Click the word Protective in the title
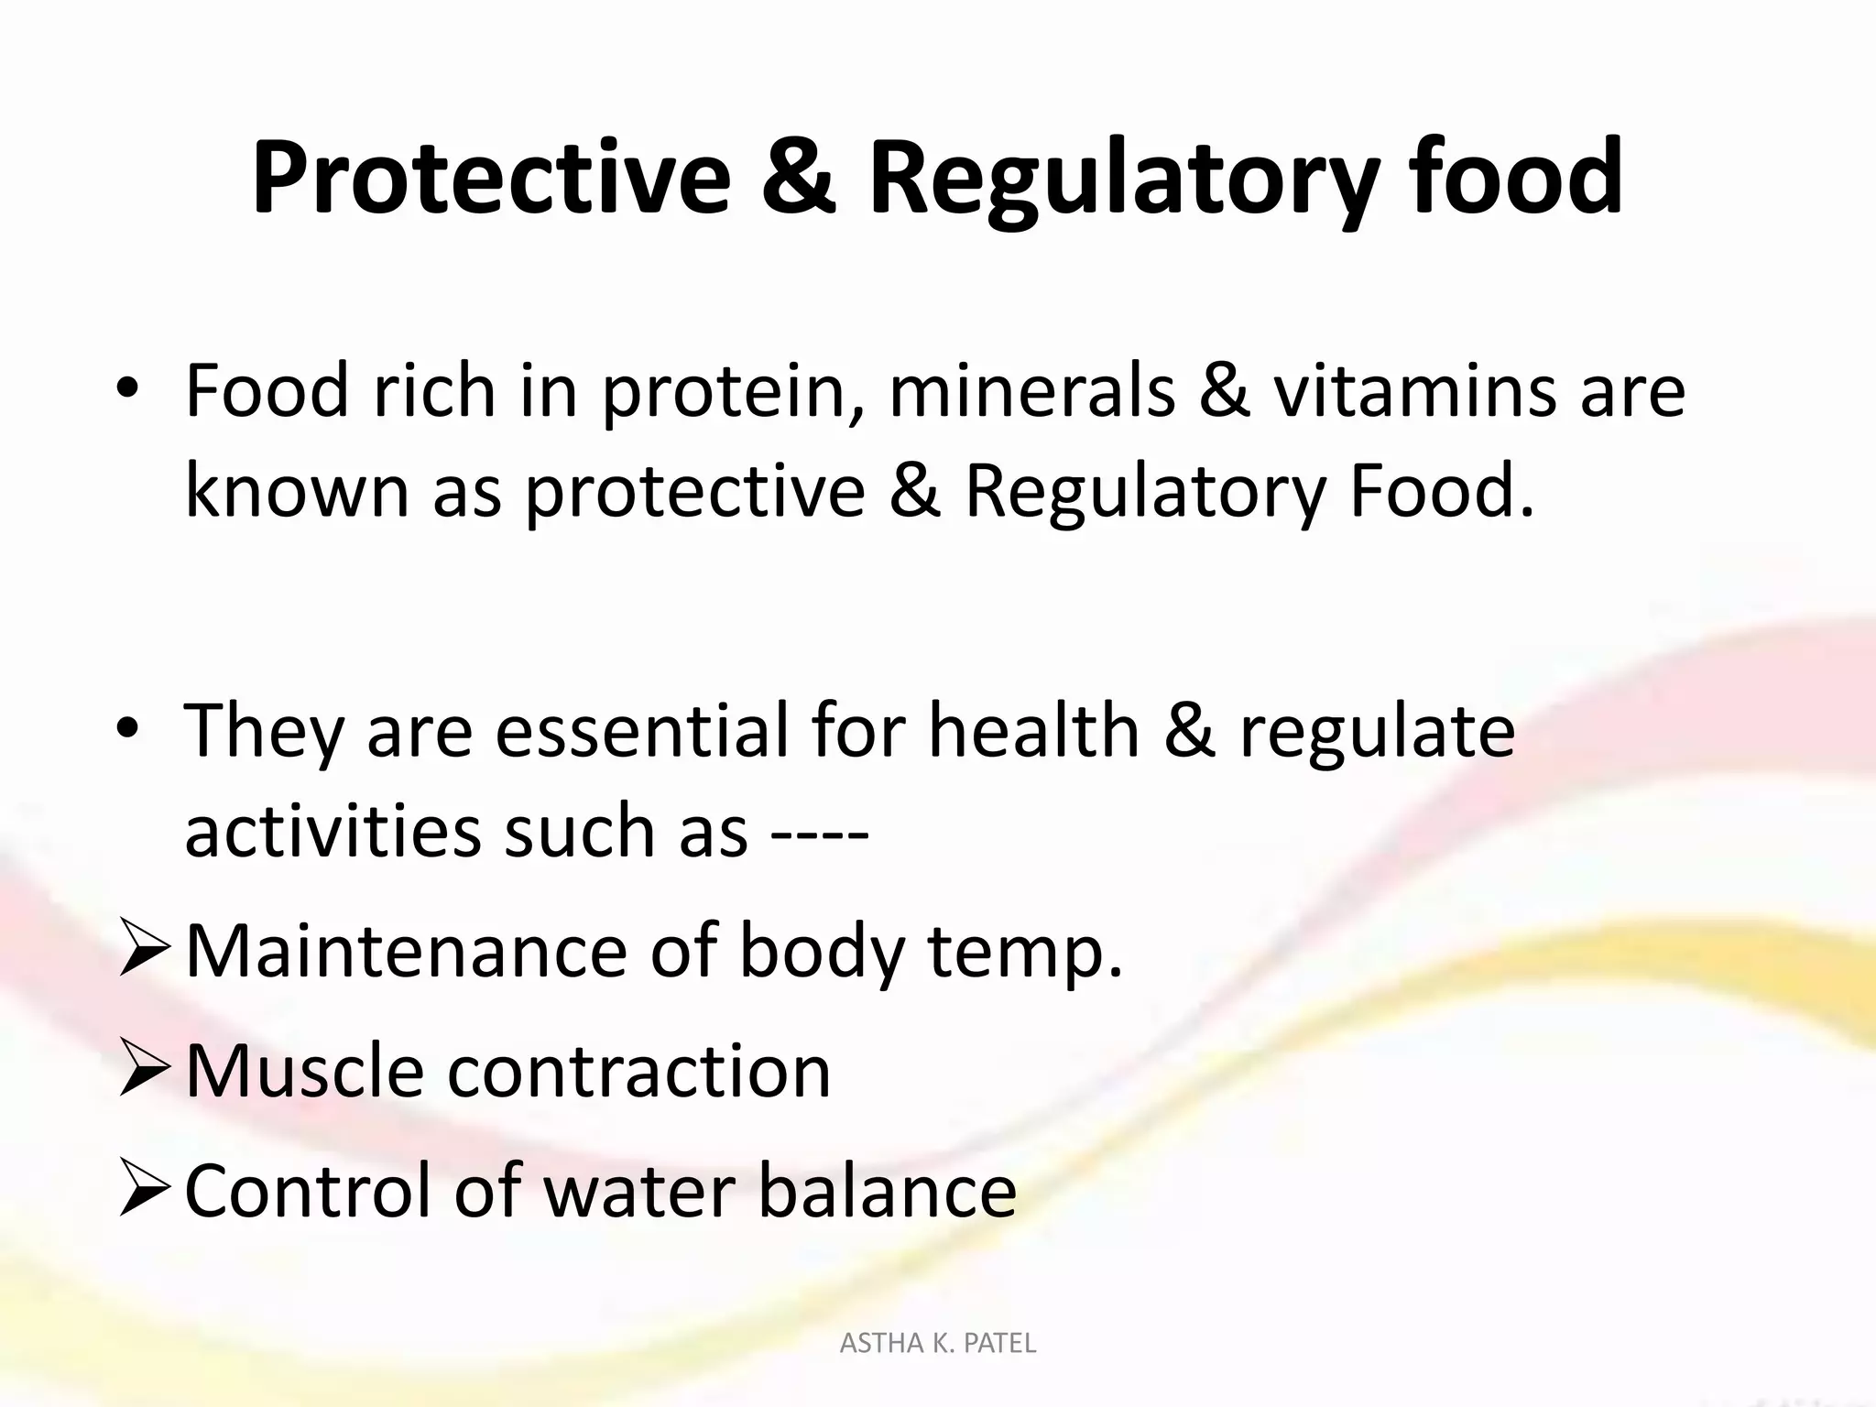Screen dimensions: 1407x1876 [x=491, y=179]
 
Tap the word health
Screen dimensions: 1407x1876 [x=1033, y=731]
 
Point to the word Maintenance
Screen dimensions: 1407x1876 [x=406, y=952]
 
